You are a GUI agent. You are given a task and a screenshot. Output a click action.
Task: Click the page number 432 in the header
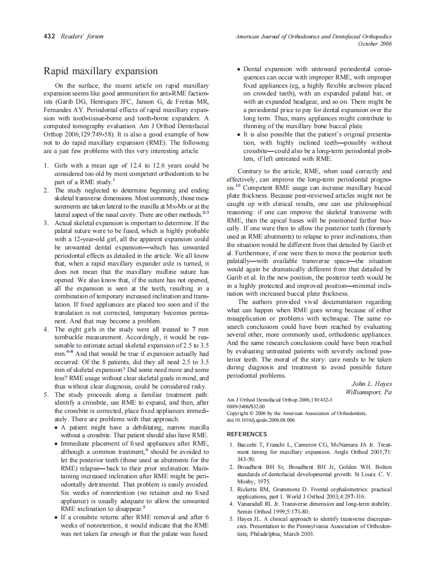point(50,36)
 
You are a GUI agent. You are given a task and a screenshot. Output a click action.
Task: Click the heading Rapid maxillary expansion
point(100,71)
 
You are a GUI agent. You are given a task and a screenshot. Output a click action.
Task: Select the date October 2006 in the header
point(375,44)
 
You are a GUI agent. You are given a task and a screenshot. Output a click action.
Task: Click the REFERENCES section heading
point(247,434)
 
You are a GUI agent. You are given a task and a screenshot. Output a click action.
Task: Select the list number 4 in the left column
point(46,329)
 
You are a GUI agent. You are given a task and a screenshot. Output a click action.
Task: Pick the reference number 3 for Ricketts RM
point(232,489)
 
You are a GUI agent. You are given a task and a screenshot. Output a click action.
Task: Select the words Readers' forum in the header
point(82,36)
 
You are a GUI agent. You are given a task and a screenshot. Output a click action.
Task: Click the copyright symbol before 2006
point(252,413)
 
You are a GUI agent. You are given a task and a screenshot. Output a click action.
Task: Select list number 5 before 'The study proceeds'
point(46,394)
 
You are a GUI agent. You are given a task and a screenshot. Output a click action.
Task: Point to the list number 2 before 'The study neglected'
point(46,190)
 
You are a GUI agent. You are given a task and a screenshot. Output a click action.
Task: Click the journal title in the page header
point(314,36)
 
